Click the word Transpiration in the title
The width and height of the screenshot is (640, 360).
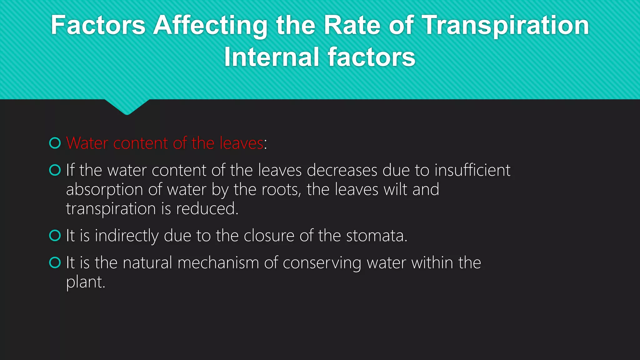tap(506, 26)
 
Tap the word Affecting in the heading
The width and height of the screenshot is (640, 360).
tap(210, 26)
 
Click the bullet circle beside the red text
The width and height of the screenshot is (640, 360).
tap(55, 143)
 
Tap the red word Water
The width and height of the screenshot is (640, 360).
tap(87, 143)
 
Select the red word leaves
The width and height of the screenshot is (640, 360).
tap(242, 143)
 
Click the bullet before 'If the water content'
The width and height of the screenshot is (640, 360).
tap(55, 170)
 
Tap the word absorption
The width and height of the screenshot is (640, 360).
tap(105, 190)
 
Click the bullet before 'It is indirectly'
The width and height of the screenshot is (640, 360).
tap(55, 236)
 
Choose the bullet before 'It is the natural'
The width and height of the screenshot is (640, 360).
tap(55, 262)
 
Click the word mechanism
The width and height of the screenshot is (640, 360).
tap(218, 262)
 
